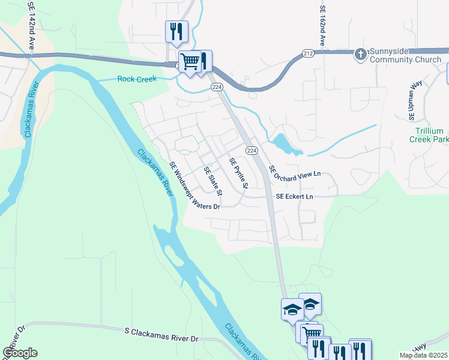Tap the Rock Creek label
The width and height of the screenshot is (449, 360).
pos(136,79)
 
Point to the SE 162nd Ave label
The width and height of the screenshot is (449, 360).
pos(322,26)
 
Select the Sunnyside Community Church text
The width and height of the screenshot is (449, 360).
pos(406,56)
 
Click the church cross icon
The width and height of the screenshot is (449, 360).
pos(360,55)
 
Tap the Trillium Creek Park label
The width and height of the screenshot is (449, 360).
pos(429,135)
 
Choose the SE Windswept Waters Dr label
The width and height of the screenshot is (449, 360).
pos(194,185)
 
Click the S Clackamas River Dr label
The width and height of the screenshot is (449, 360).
pos(161,335)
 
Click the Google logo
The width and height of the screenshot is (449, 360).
pos(20,353)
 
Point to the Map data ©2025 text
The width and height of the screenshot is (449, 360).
pos(423,355)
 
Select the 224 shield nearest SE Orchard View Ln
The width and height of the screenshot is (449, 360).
pos(252,150)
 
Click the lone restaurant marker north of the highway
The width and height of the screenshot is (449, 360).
pos(176,31)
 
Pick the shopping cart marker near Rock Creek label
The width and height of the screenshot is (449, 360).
pos(190,61)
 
